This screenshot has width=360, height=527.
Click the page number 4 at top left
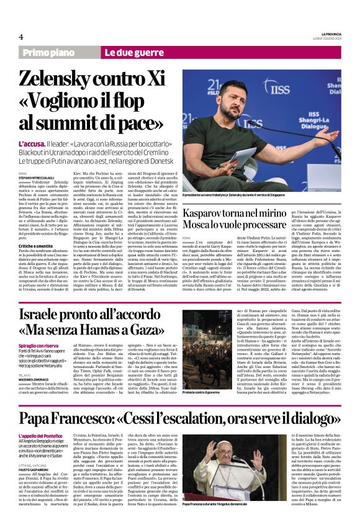coord(21,36)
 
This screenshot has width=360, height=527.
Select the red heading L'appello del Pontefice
coord(40,436)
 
